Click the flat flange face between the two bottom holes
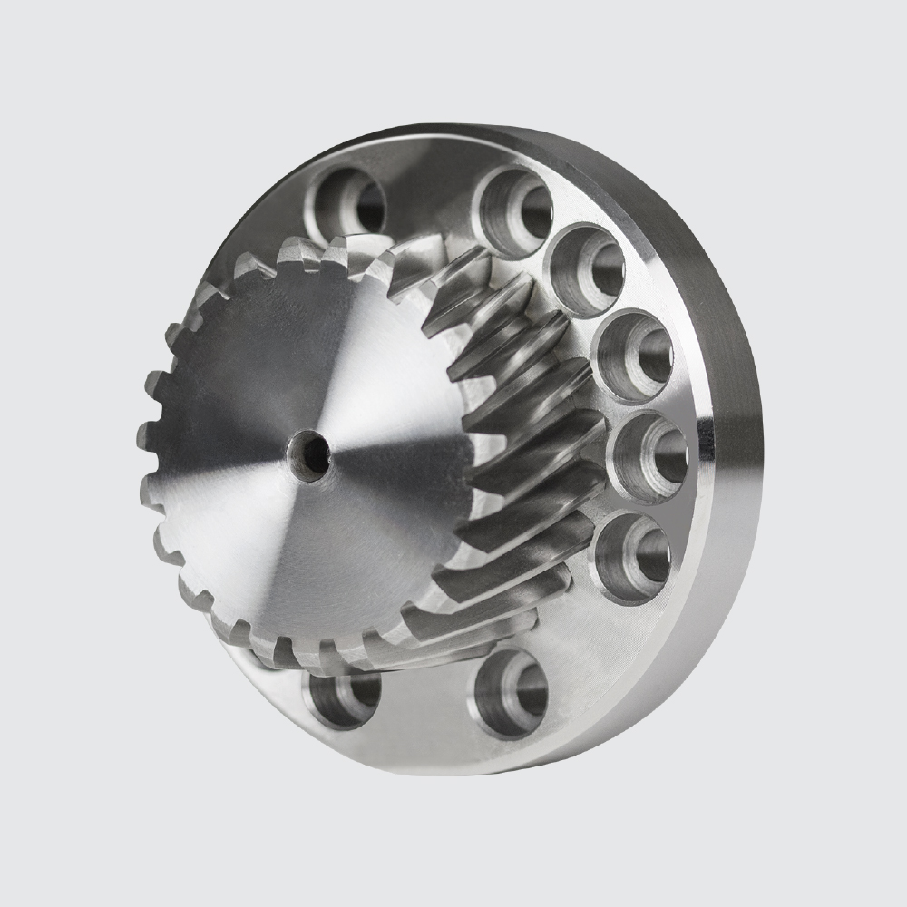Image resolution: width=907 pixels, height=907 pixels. [426, 717]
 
